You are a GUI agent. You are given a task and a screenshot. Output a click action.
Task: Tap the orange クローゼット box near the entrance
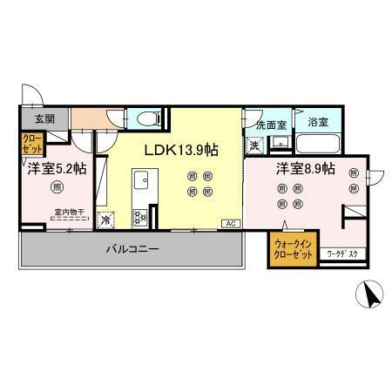click(30, 143)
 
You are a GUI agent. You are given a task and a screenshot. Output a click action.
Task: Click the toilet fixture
click(145, 118)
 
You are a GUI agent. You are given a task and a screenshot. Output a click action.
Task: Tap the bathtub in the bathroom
click(319, 144)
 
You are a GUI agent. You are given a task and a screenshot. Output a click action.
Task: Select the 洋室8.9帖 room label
click(306, 169)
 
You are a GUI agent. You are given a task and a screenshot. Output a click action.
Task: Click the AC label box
click(232, 224)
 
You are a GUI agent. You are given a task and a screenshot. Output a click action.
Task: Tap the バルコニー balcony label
click(132, 250)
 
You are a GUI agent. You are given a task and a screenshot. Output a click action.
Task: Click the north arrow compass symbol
click(373, 295)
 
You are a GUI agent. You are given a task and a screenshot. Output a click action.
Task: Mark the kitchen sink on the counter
click(140, 180)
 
